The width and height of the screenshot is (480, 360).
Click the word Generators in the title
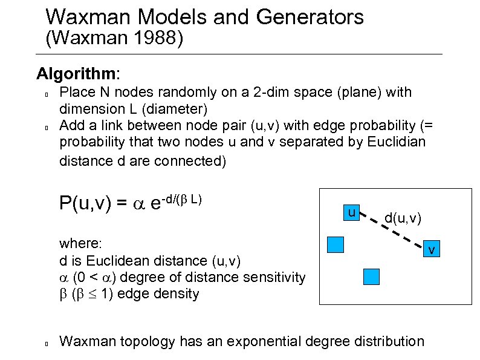click(x=310, y=17)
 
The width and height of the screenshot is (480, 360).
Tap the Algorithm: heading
click(x=78, y=74)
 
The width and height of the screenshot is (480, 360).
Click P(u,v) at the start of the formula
click(x=85, y=203)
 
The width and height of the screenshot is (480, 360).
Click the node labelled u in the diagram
click(x=351, y=212)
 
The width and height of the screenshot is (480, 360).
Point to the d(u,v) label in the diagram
click(x=403, y=217)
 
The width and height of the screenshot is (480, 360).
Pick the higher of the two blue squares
click(x=335, y=244)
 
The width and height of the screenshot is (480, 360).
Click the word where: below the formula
click(x=82, y=243)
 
